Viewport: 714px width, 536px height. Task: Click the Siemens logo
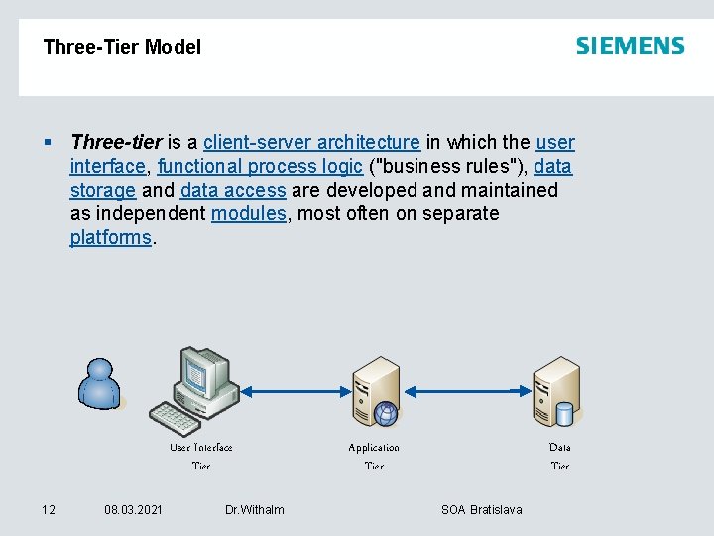point(630,46)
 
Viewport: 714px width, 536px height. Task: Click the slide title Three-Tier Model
point(122,47)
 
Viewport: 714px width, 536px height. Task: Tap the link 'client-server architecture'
point(311,142)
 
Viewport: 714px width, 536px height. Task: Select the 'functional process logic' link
point(260,166)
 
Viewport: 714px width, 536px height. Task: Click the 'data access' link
point(233,190)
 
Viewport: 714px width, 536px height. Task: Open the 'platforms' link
point(110,237)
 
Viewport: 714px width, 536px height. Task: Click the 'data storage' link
point(103,190)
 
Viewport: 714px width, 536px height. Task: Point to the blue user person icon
point(100,383)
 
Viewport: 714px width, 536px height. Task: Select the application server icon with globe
point(378,391)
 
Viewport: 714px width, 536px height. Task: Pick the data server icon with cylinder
point(556,391)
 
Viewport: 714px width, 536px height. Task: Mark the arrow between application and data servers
point(466,390)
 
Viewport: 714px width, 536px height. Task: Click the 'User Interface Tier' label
point(201,456)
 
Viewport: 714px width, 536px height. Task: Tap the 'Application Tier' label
point(374,456)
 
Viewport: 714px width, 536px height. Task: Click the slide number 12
point(48,509)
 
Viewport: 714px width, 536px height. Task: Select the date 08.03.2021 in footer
point(134,509)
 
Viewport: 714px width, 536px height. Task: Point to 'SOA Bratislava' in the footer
point(481,509)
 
